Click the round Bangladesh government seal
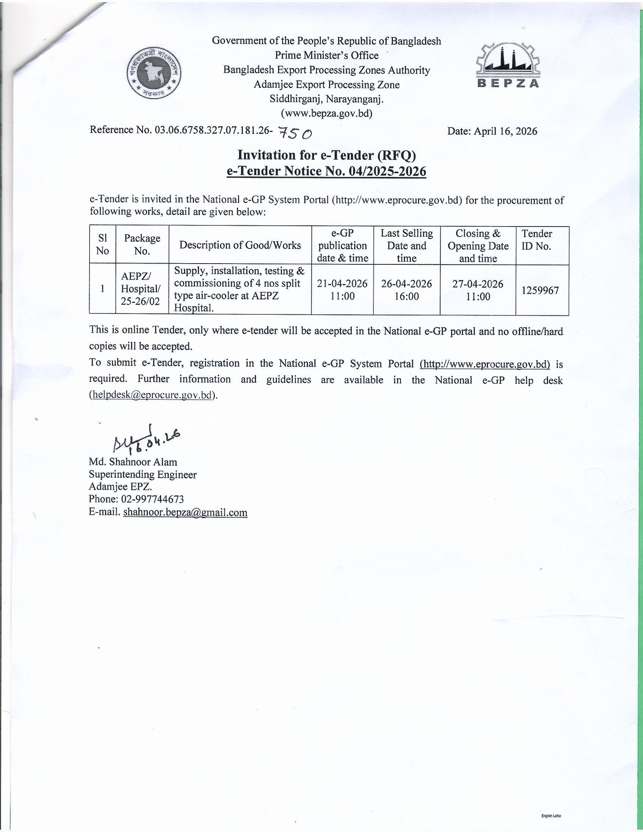point(154,73)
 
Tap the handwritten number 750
point(295,133)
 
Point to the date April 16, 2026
point(492,131)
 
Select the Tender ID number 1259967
point(540,290)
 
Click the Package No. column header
point(142,245)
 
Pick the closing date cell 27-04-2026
point(478,290)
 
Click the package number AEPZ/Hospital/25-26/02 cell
point(141,289)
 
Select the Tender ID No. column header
point(536,240)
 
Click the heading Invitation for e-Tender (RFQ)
point(326,155)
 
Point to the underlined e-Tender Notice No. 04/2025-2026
point(326,171)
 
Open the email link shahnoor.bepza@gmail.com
point(185,512)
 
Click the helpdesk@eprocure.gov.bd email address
point(152,395)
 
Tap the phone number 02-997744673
point(152,499)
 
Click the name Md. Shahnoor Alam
point(133,462)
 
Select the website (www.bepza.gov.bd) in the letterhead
point(326,113)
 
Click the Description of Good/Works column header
point(240,245)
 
